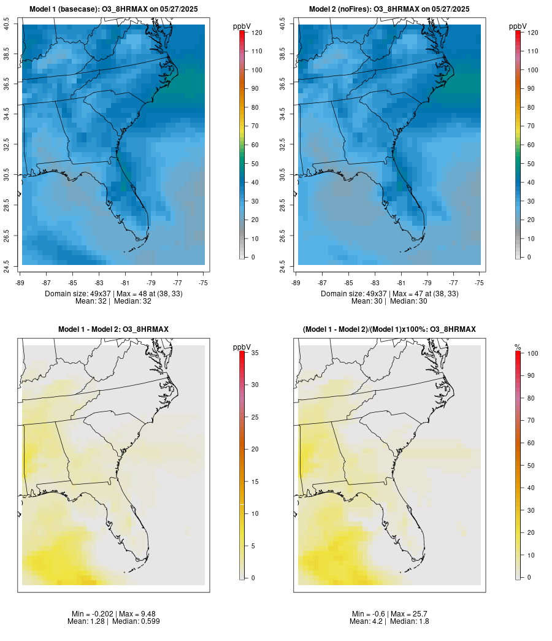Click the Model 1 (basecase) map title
113,9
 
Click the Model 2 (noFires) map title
389,9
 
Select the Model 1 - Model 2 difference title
113,329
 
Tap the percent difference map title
389,329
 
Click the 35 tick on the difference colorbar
254,353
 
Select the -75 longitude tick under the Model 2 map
480,283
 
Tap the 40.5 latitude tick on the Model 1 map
7,25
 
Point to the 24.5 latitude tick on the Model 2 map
283,266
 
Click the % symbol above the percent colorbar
518,347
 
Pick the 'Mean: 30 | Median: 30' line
389,301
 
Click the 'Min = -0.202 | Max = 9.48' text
113,614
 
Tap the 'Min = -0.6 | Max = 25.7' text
389,614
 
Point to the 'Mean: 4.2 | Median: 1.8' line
389,621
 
